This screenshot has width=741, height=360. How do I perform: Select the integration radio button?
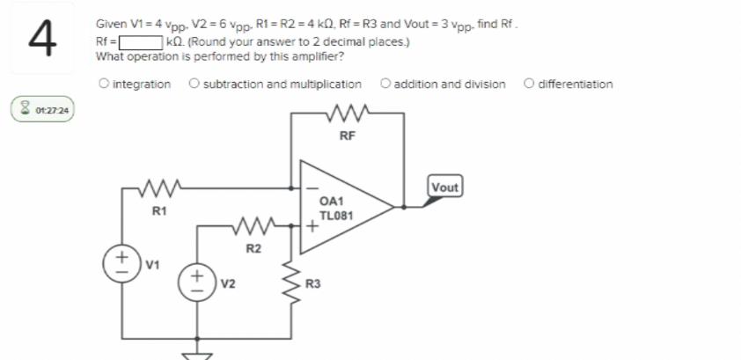pos(105,84)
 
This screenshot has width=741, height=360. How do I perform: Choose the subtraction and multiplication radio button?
pos(193,84)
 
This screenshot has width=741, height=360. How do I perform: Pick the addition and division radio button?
pos(385,84)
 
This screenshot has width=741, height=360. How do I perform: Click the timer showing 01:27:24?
pos(43,112)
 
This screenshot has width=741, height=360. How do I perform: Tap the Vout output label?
pos(444,187)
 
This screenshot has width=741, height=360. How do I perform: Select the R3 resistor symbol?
pos(291,283)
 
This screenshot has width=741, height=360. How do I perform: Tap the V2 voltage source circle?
pos(196,283)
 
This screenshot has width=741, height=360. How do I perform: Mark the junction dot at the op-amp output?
pos(403,208)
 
